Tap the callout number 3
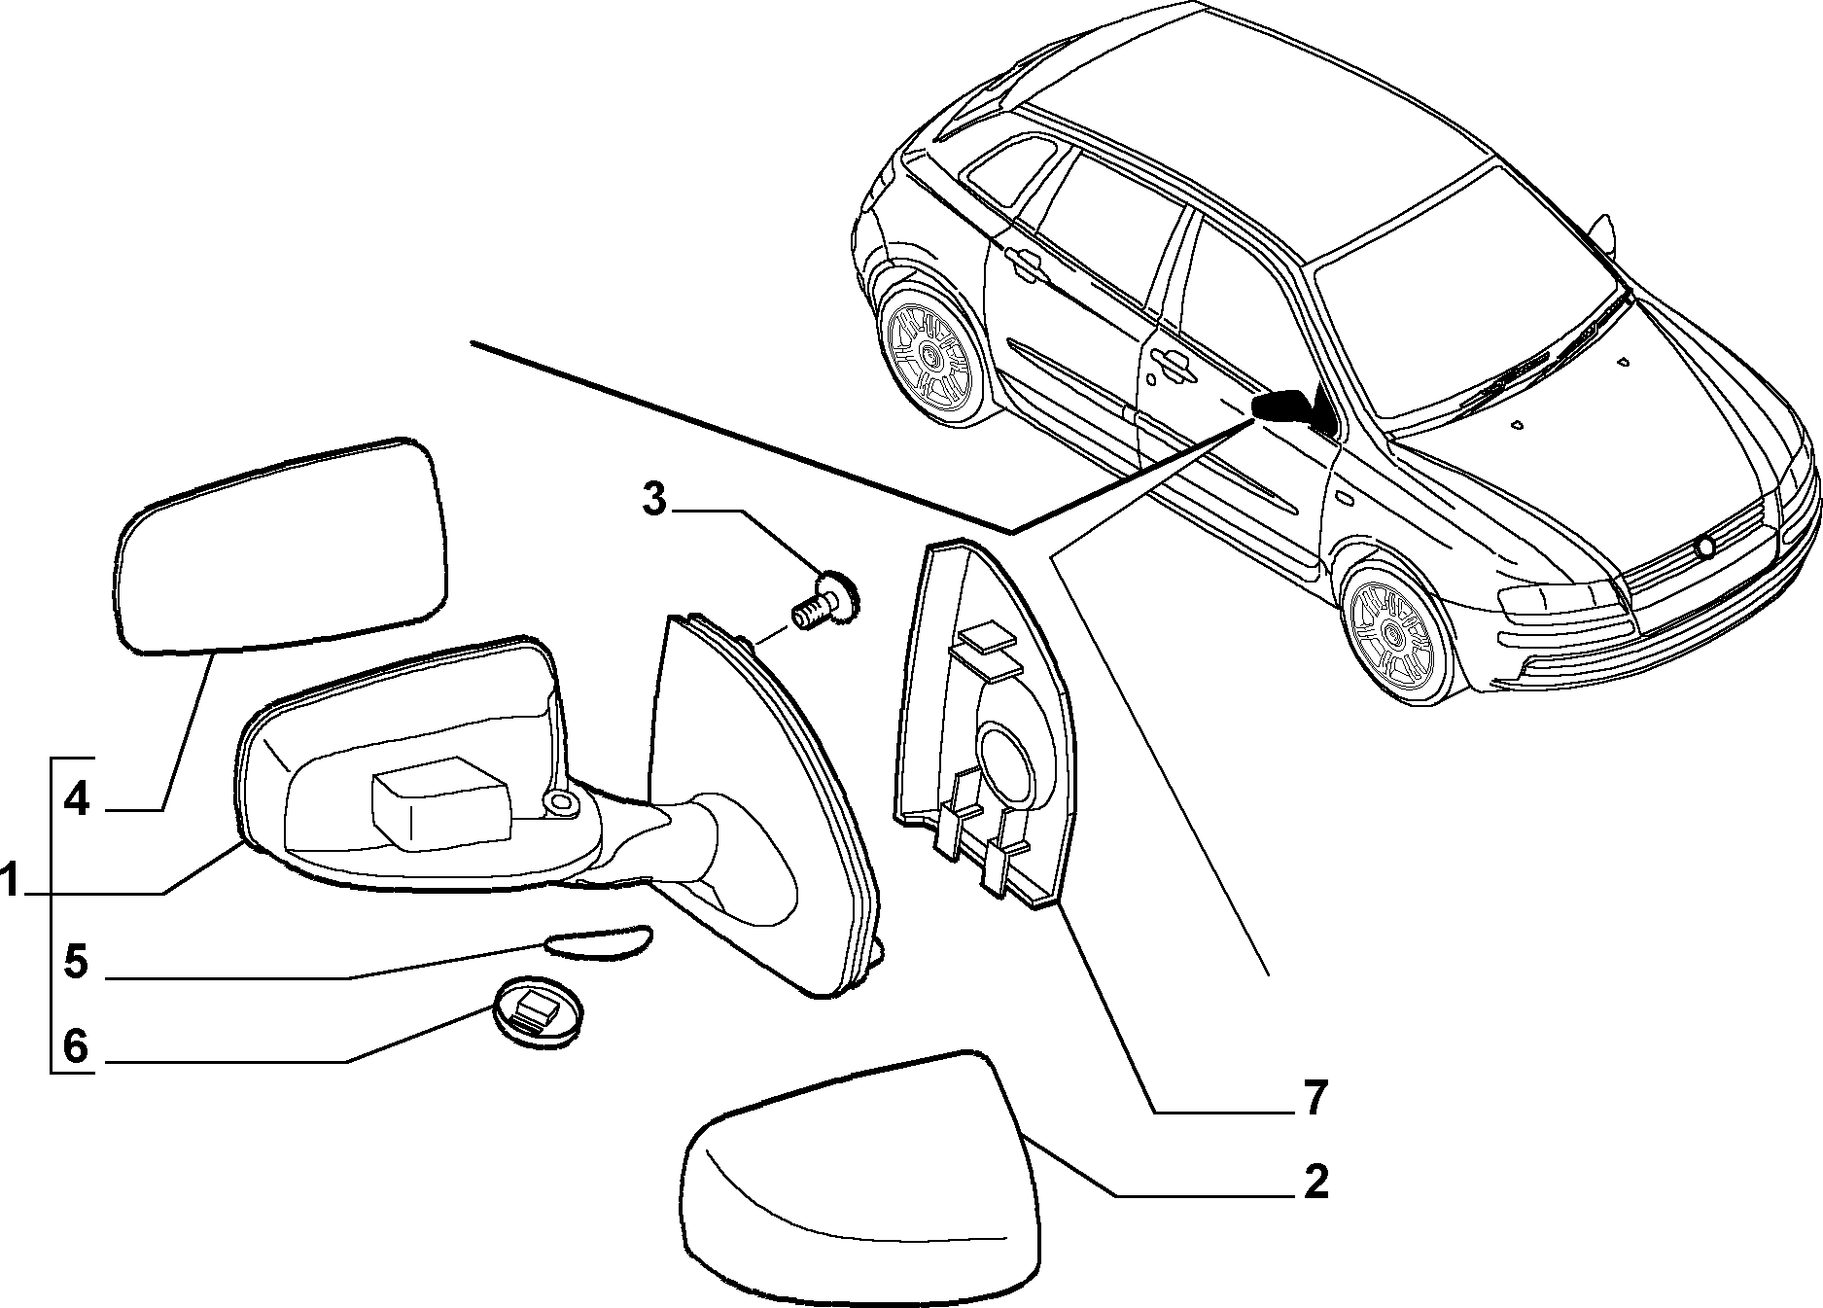coord(654,501)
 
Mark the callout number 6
coord(77,1046)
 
